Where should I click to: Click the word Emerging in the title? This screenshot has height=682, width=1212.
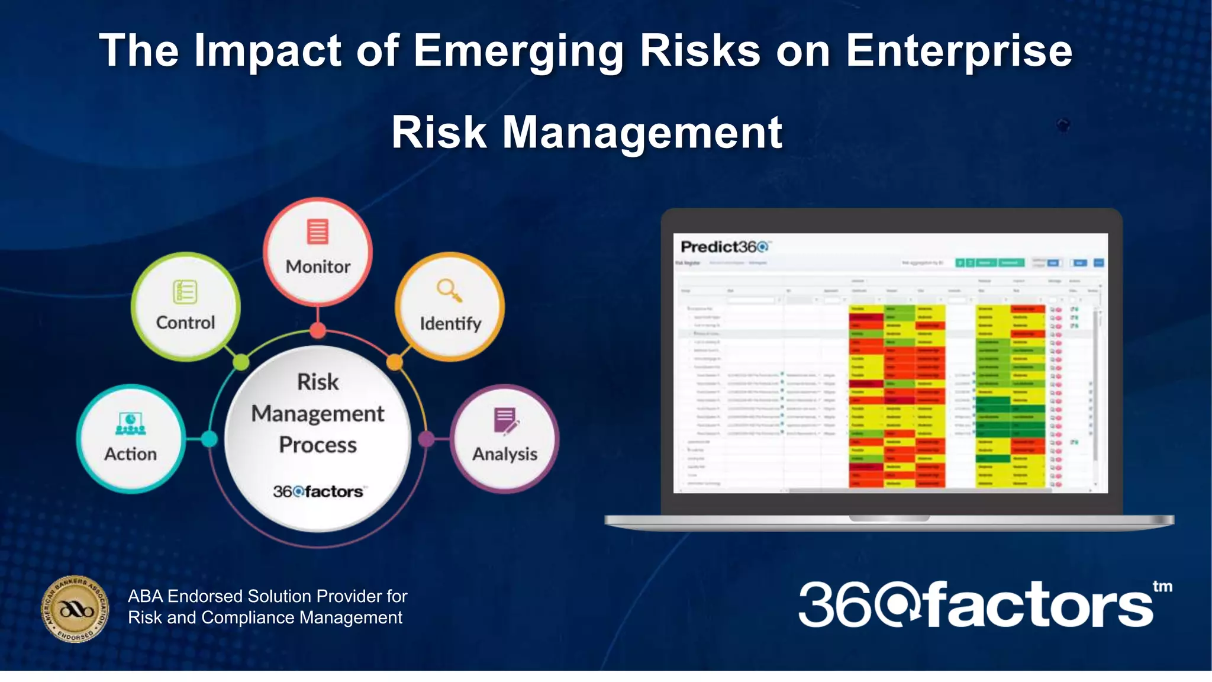(x=518, y=52)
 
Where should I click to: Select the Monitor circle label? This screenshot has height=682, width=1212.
(x=318, y=267)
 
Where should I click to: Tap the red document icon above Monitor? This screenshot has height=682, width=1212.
(x=318, y=231)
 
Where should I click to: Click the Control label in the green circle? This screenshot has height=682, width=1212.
(x=185, y=323)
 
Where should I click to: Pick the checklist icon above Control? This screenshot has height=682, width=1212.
(x=185, y=292)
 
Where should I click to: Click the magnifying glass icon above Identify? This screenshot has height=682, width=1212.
(x=449, y=290)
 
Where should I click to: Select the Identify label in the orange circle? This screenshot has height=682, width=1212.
(x=450, y=324)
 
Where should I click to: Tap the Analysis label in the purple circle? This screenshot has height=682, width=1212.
(x=505, y=454)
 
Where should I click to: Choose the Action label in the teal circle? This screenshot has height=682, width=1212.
(x=131, y=454)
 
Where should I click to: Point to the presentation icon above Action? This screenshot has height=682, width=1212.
(x=131, y=423)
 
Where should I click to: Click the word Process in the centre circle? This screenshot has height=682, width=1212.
(x=318, y=445)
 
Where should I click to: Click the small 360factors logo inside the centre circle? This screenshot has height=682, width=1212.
(x=318, y=491)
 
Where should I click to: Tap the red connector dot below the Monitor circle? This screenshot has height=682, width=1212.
(x=318, y=330)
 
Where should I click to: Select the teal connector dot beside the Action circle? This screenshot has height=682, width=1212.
(x=208, y=439)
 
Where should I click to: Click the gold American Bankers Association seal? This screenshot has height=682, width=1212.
(x=75, y=609)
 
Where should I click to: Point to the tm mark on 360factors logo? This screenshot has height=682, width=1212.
(x=1162, y=587)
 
